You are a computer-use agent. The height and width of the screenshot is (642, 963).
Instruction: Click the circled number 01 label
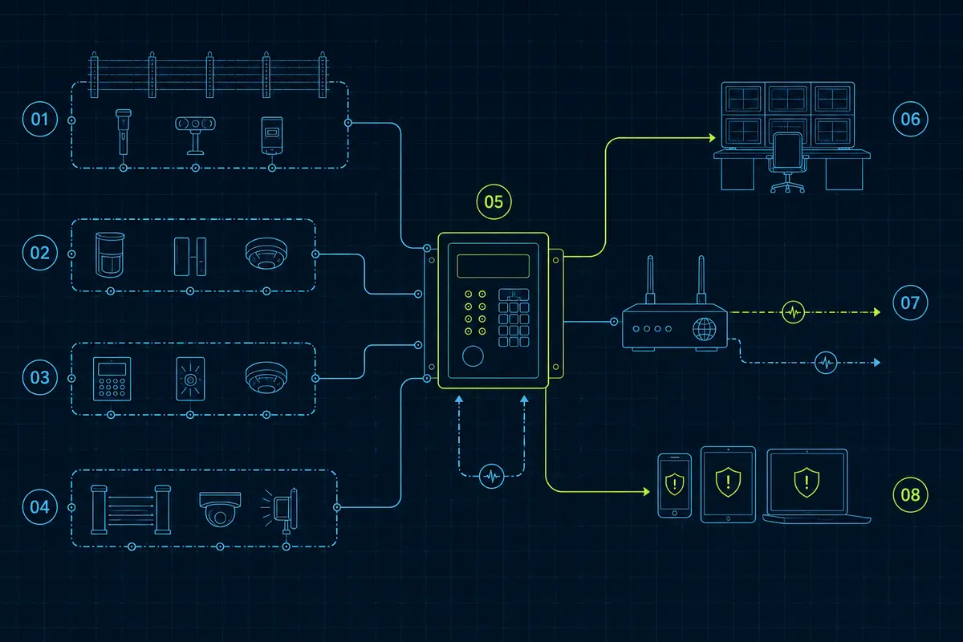[x=40, y=119]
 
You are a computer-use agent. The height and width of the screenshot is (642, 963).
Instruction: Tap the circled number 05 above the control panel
[x=494, y=201]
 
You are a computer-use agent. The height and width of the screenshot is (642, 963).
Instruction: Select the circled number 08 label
[x=911, y=495]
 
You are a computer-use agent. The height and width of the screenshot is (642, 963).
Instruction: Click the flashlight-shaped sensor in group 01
[x=123, y=132]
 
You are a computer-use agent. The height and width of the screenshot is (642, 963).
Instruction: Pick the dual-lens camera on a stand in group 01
[x=195, y=136]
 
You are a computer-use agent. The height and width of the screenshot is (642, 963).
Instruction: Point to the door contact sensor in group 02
[x=190, y=256]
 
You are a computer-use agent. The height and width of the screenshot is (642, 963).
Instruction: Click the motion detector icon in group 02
[x=110, y=254]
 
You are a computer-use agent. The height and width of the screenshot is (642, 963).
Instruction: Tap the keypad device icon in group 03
[x=112, y=379]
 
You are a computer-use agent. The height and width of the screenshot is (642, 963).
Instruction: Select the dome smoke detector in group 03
[x=266, y=377]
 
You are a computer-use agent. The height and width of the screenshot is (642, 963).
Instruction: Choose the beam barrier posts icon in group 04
[x=131, y=510]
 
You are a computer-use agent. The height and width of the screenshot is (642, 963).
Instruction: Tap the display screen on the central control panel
[x=493, y=266]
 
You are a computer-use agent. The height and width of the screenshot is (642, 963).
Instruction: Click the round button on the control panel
[x=473, y=356]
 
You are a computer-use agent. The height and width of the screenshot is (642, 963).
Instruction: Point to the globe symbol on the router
[x=705, y=329]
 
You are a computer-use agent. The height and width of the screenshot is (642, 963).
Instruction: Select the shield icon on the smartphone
[x=675, y=484]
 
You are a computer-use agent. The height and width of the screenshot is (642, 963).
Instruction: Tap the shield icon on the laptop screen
[x=807, y=482]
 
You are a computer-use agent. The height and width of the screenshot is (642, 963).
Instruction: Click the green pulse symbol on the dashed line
[x=793, y=312]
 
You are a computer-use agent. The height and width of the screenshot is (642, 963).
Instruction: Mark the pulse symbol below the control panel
[x=492, y=476]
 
